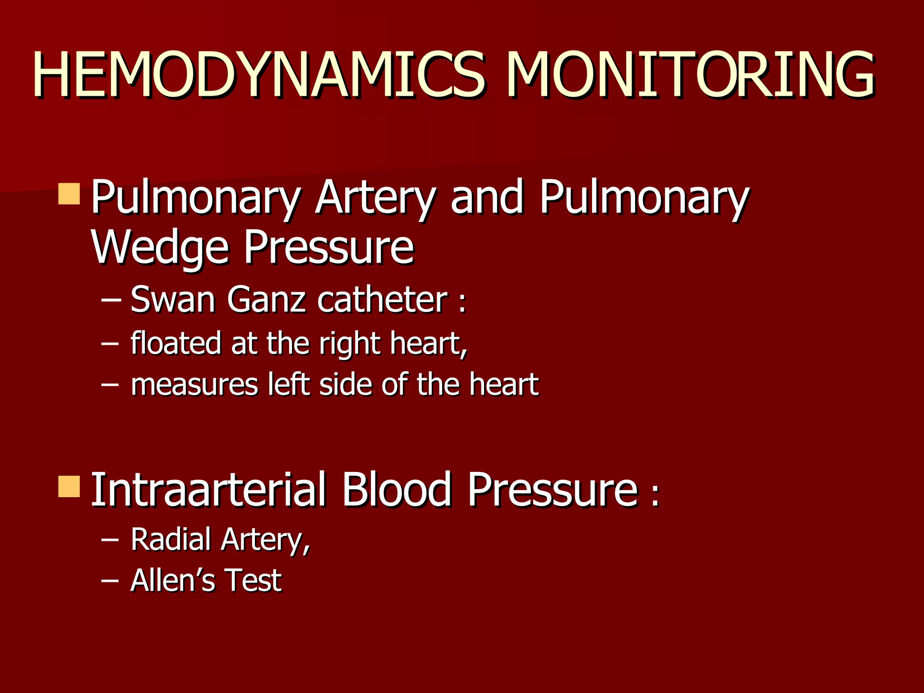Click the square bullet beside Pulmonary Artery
[69, 194]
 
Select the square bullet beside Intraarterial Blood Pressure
[69, 486]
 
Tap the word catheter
[383, 300]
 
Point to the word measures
[194, 385]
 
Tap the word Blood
[396, 490]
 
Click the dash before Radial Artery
[110, 539]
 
